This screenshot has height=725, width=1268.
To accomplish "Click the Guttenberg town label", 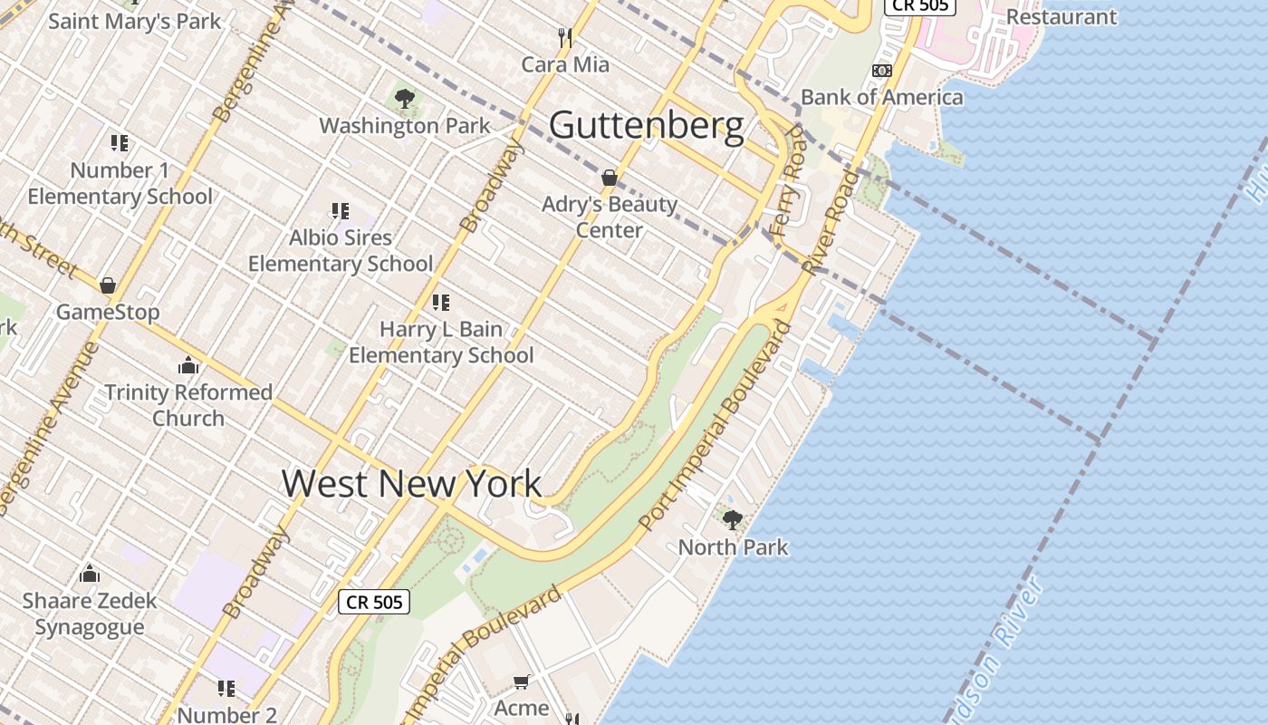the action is click(x=647, y=125).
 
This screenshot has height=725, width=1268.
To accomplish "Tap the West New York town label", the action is click(x=412, y=482).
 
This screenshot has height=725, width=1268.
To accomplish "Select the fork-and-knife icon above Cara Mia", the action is click(x=565, y=37).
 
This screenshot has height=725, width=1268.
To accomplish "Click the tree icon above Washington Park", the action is click(x=405, y=99).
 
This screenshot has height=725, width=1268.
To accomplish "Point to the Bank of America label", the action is click(x=881, y=97).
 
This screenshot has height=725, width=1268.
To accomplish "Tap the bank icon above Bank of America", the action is click(x=881, y=71).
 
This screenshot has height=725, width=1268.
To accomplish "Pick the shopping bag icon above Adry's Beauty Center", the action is click(x=610, y=178).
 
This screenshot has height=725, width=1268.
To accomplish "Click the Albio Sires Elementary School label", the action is click(x=341, y=250).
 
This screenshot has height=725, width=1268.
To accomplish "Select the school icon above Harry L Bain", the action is click(x=441, y=303).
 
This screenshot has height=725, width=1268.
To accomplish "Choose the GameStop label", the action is click(x=108, y=312).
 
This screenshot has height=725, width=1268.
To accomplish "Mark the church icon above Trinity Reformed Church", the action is click(x=188, y=365).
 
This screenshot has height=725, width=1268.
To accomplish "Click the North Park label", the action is click(x=733, y=547).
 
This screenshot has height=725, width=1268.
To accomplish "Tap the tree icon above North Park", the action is click(x=733, y=520).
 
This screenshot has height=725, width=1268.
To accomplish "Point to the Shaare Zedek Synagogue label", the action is click(x=89, y=614).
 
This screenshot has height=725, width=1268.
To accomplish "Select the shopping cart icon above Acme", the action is click(x=521, y=681).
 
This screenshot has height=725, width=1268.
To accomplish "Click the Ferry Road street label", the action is click(x=784, y=181).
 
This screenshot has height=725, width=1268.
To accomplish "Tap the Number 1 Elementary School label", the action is click(x=120, y=183).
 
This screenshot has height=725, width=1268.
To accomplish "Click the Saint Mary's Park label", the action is click(x=134, y=21).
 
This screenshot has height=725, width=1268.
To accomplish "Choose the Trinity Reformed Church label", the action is click(x=188, y=405).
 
